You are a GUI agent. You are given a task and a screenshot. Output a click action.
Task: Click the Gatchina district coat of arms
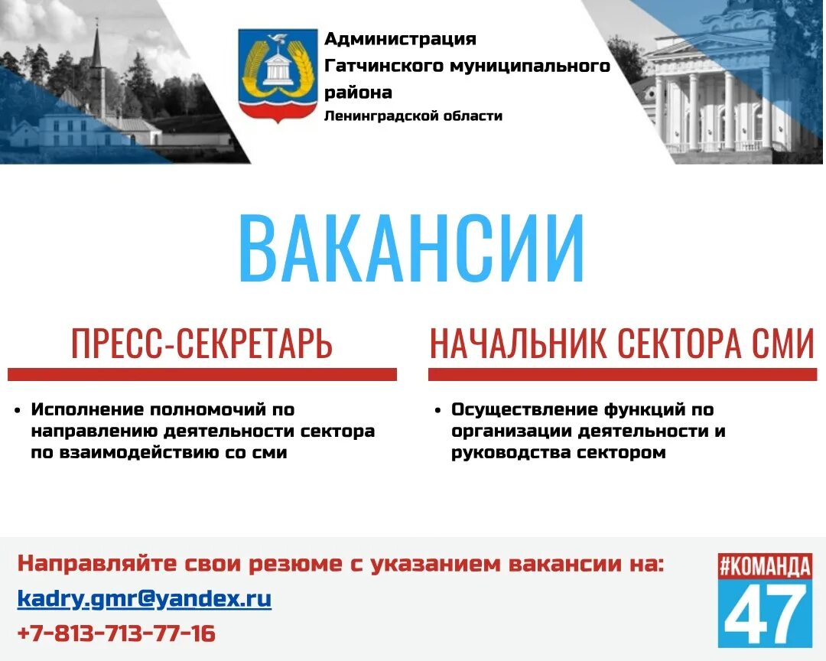pyautogui.click(x=277, y=73)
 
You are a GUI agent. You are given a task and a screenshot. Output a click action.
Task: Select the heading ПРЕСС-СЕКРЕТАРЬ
pyautogui.click(x=202, y=344)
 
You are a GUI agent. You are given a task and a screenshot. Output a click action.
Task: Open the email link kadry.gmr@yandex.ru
pyautogui.click(x=145, y=598)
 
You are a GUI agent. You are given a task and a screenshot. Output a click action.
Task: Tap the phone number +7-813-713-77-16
pyautogui.click(x=116, y=633)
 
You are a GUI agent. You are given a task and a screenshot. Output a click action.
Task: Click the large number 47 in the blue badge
pyautogui.click(x=765, y=613)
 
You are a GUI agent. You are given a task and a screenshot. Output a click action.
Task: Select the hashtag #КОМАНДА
pyautogui.click(x=765, y=567)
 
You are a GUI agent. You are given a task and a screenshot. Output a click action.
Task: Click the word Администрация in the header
pyautogui.click(x=400, y=39)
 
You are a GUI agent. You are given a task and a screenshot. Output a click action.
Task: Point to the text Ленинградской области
pyautogui.click(x=413, y=116)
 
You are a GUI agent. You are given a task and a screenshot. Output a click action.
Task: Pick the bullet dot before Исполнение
pyautogui.click(x=17, y=411)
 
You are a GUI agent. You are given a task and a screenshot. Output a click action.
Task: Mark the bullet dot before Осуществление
pyautogui.click(x=437, y=411)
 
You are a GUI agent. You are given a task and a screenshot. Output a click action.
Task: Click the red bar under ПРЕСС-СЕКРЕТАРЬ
pyautogui.click(x=202, y=374)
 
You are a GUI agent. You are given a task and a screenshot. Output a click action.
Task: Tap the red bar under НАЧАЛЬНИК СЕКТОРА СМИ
pyautogui.click(x=623, y=374)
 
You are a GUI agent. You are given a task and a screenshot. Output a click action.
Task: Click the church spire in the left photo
pyautogui.click(x=96, y=50)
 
